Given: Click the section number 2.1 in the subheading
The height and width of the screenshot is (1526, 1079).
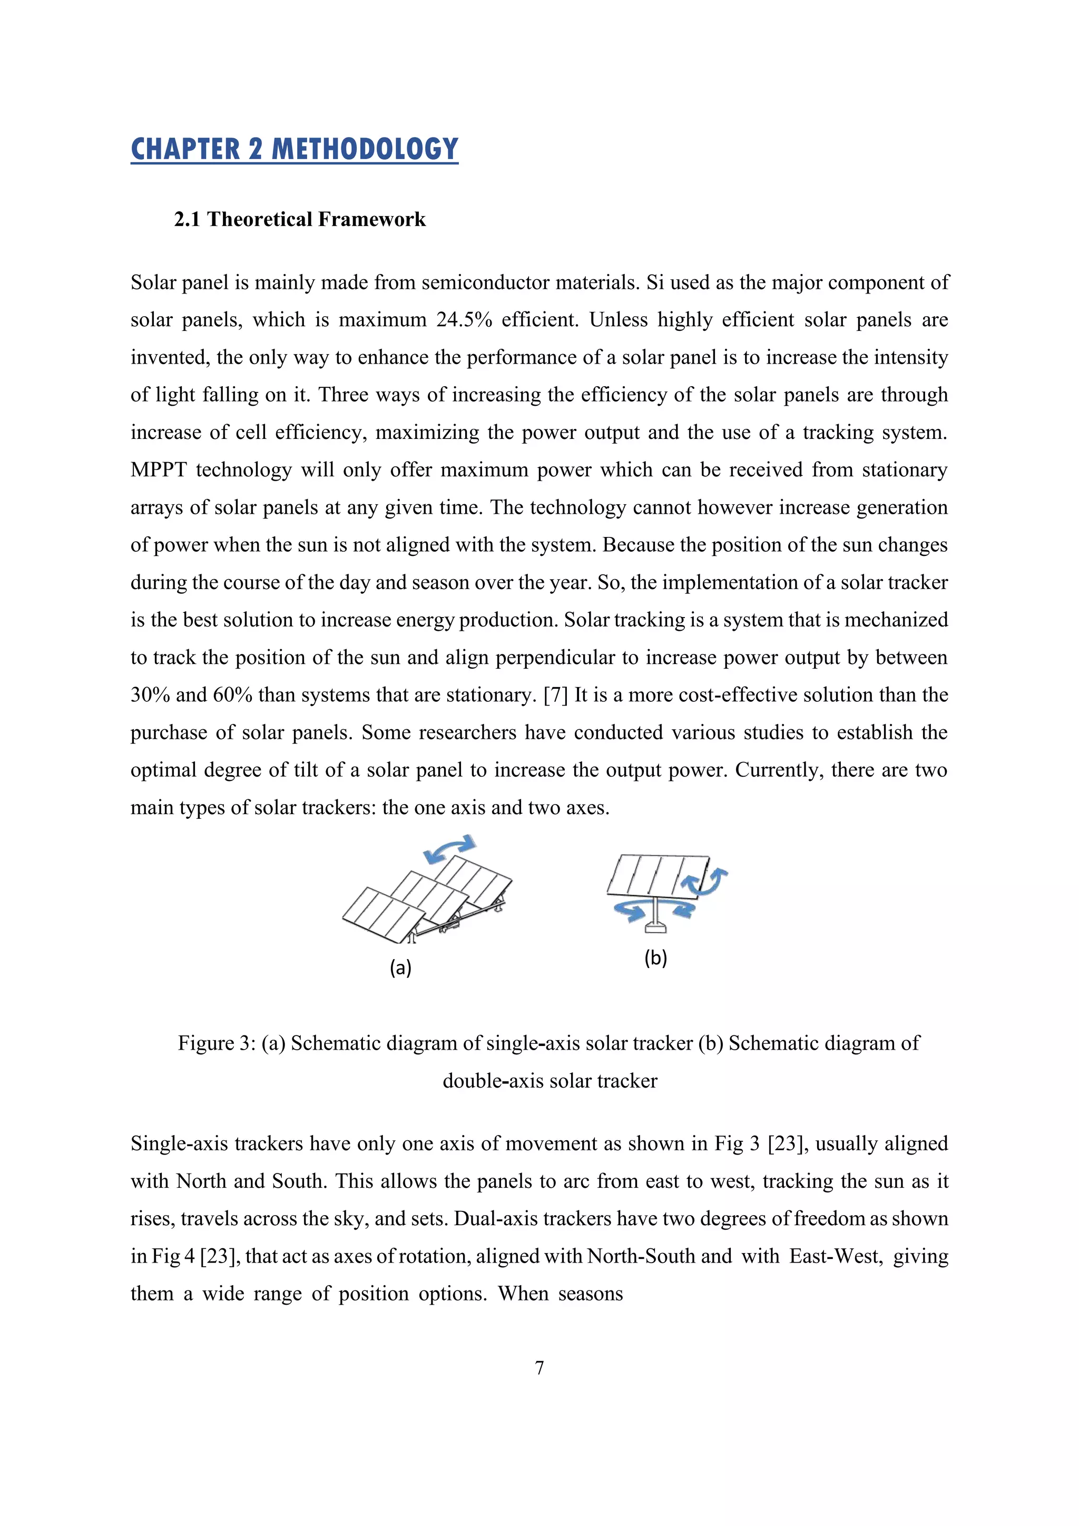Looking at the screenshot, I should pos(187,219).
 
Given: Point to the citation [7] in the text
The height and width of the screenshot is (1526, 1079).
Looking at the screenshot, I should pos(555,695).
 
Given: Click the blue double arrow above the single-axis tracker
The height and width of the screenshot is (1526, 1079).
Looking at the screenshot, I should pos(450,849).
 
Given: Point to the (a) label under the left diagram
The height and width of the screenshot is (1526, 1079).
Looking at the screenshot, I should pos(400,967).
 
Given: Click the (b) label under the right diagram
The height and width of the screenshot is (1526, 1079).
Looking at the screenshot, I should pos(655,958).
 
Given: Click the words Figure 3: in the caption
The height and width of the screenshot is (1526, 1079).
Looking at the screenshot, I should pos(217,1043).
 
